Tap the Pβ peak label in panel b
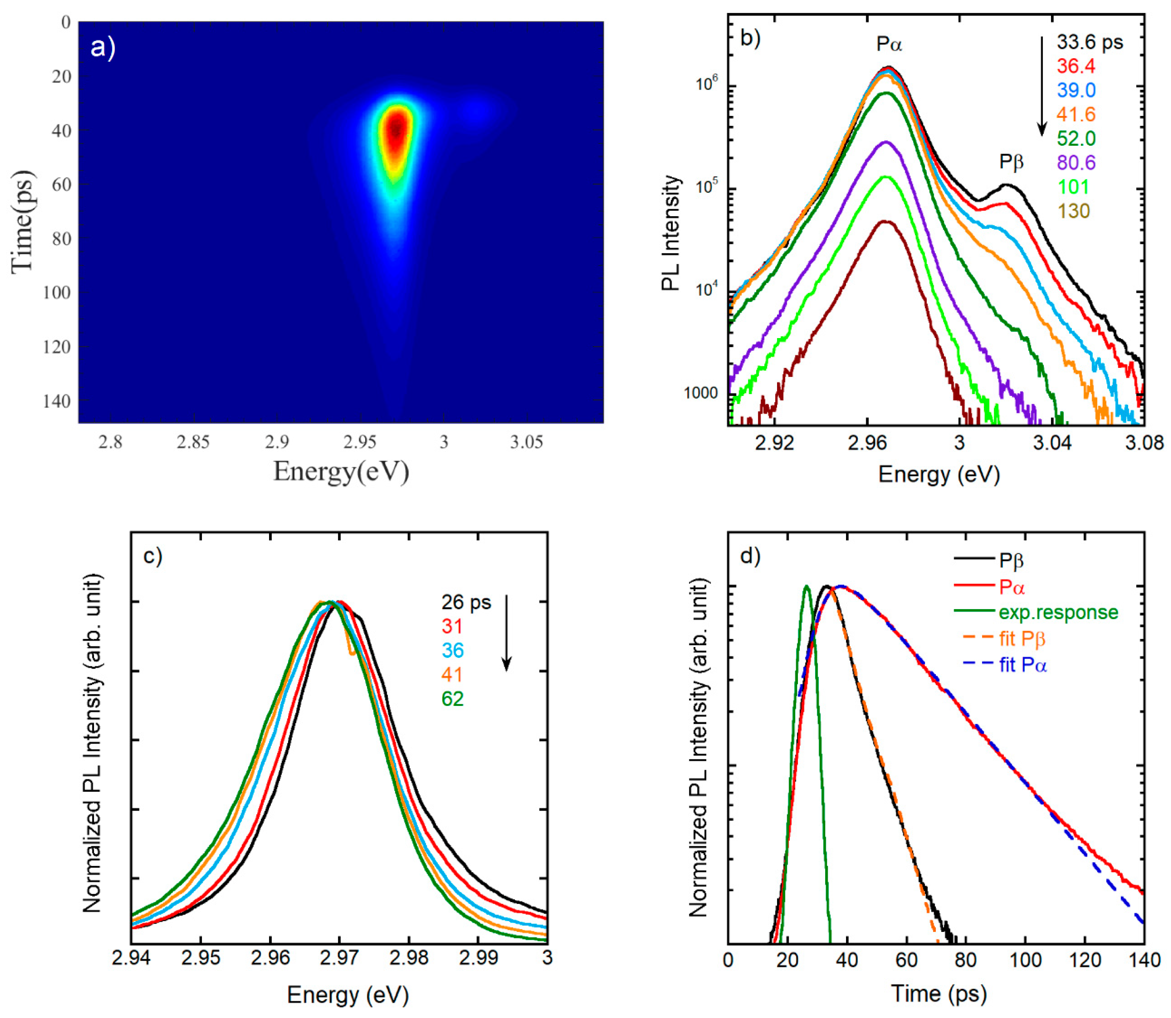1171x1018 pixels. coord(1011,163)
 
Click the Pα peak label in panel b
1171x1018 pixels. coord(889,44)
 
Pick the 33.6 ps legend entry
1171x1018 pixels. coord(1089,42)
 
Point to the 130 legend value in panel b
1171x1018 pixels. coord(1073,211)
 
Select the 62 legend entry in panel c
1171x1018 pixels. coord(452,699)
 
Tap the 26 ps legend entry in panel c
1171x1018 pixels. coord(465,603)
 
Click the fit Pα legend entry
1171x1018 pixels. coord(1022,665)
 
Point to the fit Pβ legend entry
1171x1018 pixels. coord(1022,639)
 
